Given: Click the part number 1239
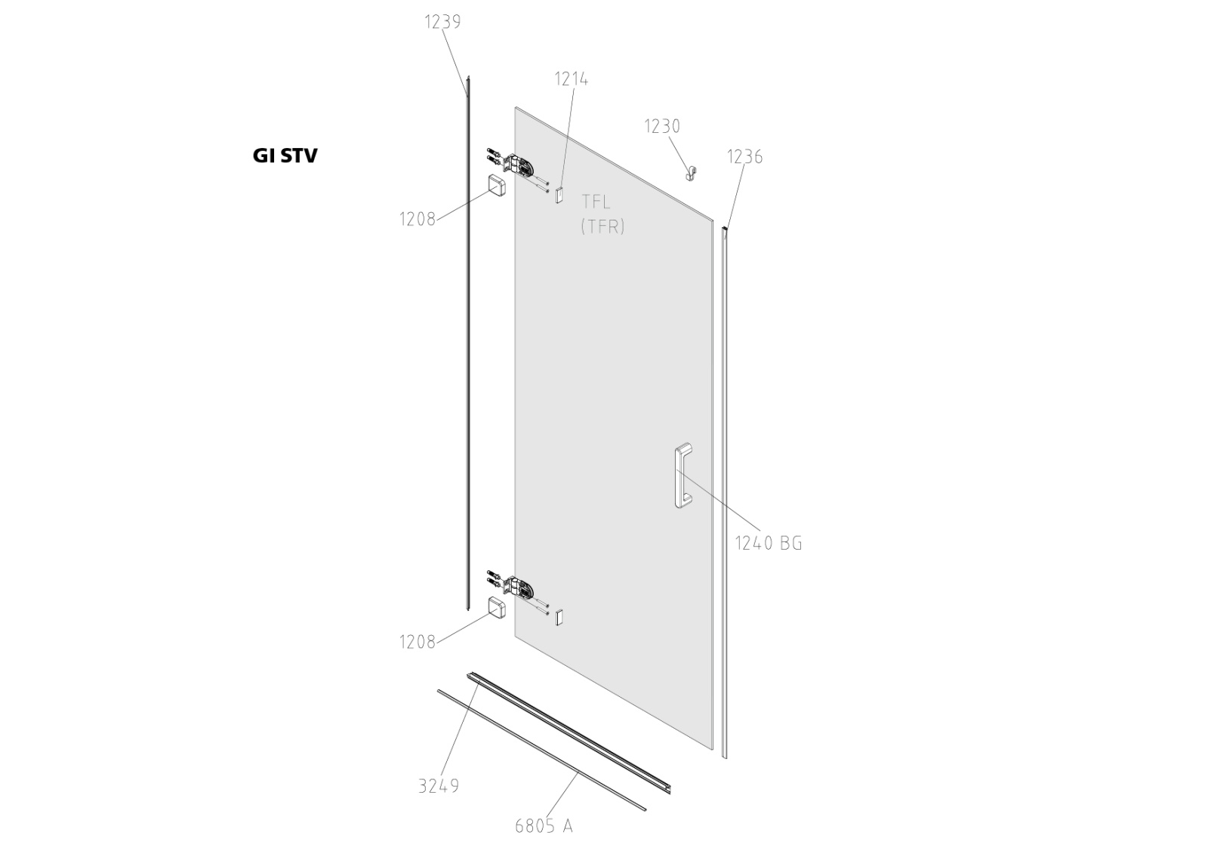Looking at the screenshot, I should point(442,22).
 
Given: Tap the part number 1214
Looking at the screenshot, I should point(572,79).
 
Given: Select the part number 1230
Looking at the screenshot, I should point(662,126).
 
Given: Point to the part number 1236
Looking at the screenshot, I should point(744,157).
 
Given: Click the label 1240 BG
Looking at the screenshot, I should point(769,543).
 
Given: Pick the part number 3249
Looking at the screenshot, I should point(439,786).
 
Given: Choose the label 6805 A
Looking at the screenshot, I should point(544,826).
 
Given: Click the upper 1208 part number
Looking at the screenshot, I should point(418,220).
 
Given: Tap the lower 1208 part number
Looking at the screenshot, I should point(418,642).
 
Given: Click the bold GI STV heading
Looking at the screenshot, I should point(285,156).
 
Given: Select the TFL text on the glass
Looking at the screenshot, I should point(596,202).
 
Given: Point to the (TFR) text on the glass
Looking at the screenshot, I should point(602,227).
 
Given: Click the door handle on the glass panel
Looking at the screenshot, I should point(683,476).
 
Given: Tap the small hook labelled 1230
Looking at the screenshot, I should point(689,174).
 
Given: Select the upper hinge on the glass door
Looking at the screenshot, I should point(519,165).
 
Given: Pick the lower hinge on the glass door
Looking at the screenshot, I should point(519,587).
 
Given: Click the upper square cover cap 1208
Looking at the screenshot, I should point(498,186).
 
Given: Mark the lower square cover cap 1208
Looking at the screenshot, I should point(498,608).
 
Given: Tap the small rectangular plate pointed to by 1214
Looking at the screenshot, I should point(559,195).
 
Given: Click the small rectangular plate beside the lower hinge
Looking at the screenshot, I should point(559,617).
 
